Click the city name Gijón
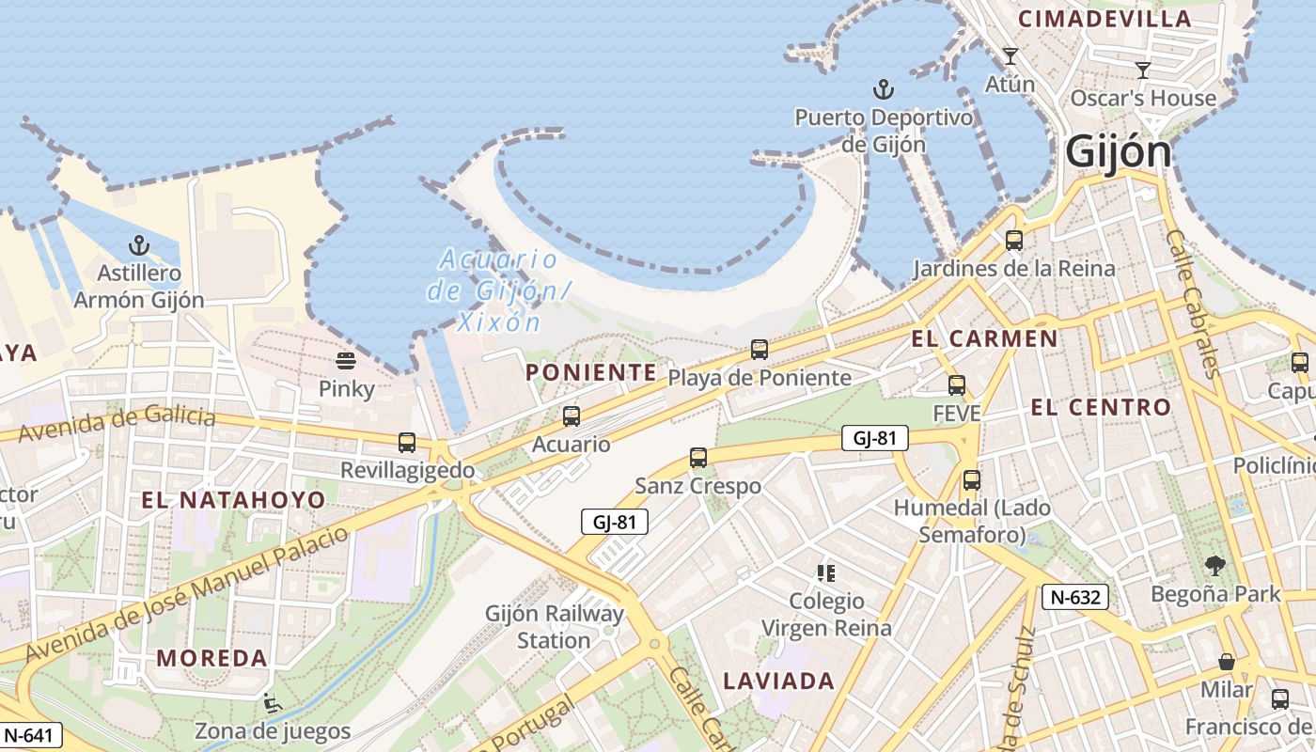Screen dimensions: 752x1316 pos(1119,152)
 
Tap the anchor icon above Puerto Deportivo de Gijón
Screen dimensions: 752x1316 pos(883,89)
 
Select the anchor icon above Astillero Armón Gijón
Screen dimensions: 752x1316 pos(139,246)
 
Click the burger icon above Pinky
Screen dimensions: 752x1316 pos(346,361)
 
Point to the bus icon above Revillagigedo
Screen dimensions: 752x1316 pos(407,442)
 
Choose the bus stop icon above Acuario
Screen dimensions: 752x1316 pos(571,415)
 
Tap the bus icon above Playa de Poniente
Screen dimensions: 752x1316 pos(760,350)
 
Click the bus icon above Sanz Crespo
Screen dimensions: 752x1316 pos(697,458)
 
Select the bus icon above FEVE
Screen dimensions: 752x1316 pos(957,384)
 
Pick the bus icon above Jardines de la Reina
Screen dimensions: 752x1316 pos(1013,241)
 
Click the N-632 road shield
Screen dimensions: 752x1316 pos(1075,596)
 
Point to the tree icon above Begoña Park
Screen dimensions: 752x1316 pos(1214,565)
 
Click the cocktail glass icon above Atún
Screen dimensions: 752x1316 pos(1010,56)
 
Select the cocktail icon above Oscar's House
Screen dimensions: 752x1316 pos(1143,70)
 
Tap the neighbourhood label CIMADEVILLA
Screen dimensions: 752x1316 pos(1104,18)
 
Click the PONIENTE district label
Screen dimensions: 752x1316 pos(590,372)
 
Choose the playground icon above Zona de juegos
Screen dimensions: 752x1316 pos(272,702)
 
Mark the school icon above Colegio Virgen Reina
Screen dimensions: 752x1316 pos(826,572)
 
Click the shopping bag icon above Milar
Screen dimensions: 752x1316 pos(1227,662)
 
